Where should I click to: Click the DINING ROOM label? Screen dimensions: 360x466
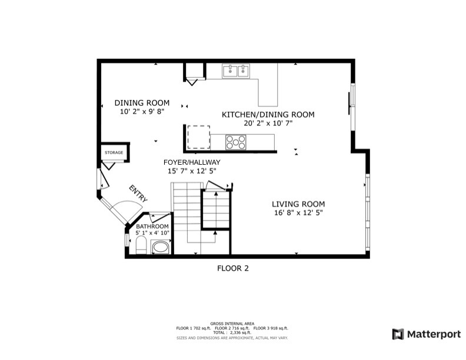pyautogui.click(x=142, y=102)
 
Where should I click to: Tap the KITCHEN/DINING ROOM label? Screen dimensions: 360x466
pyautogui.click(x=268, y=115)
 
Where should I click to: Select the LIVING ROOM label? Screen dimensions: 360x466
pyautogui.click(x=297, y=204)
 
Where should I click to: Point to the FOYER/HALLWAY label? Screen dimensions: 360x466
pyautogui.click(x=192, y=162)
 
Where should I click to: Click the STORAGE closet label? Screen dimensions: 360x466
pyautogui.click(x=114, y=153)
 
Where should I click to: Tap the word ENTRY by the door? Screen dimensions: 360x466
pyautogui.click(x=138, y=194)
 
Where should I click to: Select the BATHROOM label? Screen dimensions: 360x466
pyautogui.click(x=152, y=226)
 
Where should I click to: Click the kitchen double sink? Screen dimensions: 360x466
pyautogui.click(x=236, y=71)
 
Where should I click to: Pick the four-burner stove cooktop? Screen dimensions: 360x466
pyautogui.click(x=236, y=142)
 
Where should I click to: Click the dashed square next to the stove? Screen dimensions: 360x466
pyautogui.click(x=198, y=137)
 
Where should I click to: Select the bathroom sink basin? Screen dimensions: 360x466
pyautogui.click(x=160, y=249)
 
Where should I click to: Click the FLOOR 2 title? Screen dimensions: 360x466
pyautogui.click(x=233, y=268)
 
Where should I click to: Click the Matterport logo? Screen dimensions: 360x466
pyautogui.click(x=427, y=334)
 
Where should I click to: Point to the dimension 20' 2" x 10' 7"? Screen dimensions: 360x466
pyautogui.click(x=268, y=124)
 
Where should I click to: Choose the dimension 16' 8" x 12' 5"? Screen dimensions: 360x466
pyautogui.click(x=297, y=212)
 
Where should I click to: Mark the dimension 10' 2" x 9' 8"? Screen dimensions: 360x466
pyautogui.click(x=142, y=111)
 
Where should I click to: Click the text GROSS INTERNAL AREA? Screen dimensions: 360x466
pyautogui.click(x=232, y=324)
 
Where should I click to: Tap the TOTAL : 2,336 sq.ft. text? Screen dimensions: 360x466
pyautogui.click(x=232, y=333)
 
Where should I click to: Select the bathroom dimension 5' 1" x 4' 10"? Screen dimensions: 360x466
pyautogui.click(x=152, y=233)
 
